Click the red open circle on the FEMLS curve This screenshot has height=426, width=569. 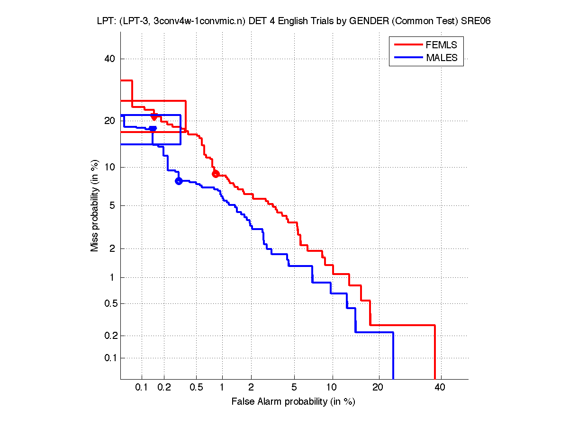[216, 174]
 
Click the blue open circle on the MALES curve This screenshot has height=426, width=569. [179, 181]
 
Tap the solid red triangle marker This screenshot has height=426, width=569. [154, 116]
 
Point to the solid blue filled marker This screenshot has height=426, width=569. [153, 128]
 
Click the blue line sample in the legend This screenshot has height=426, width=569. [408, 58]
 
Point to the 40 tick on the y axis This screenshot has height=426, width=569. [110, 59]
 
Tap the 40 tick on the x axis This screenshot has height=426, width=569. [440, 388]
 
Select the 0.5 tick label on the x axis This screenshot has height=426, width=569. [196, 388]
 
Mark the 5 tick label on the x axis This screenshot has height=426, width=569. [294, 388]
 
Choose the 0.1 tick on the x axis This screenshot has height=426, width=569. [142, 388]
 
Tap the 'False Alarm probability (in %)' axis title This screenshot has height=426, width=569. [293, 402]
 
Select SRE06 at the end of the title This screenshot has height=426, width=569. [475, 22]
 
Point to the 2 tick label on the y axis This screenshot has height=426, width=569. [112, 248]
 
